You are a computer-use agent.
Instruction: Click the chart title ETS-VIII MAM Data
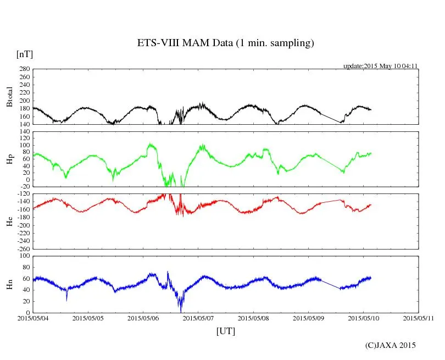point(225,43)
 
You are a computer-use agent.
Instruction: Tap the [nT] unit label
point(24,54)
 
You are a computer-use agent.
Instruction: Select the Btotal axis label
point(9,97)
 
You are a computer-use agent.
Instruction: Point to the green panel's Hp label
point(9,159)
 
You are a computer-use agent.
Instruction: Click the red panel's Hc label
point(9,221)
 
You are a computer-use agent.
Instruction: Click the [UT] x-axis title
point(225,331)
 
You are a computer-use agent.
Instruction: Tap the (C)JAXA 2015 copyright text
point(391,345)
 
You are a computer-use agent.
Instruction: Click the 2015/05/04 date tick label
point(32,318)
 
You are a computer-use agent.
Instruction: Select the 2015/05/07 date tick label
point(198,318)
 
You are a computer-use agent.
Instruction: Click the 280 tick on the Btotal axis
point(24,69)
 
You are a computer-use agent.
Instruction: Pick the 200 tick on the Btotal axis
point(24,101)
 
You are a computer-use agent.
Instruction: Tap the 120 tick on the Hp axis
point(24,132)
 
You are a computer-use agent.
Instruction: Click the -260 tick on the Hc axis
point(22,248)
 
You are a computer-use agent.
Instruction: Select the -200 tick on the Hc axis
point(22,225)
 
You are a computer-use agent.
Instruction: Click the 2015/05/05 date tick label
point(87,318)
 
